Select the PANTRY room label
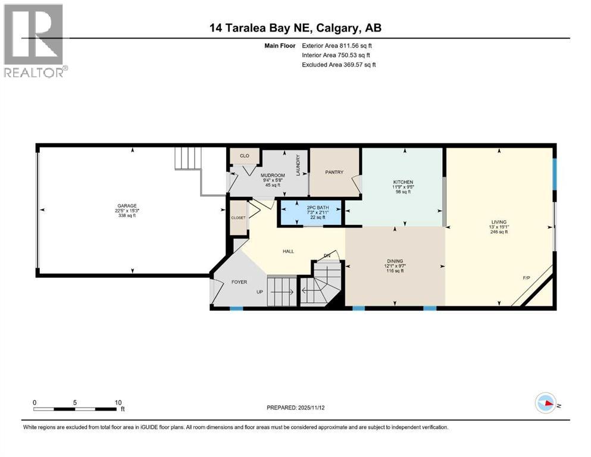click(334, 173)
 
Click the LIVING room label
click(499, 221)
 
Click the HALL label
click(288, 251)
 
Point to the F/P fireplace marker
click(526, 278)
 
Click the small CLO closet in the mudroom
click(244, 156)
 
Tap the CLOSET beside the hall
click(238, 218)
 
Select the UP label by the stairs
click(259, 292)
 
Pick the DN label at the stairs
click(327, 256)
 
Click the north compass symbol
click(546, 403)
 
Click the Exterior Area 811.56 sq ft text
click(339, 45)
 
